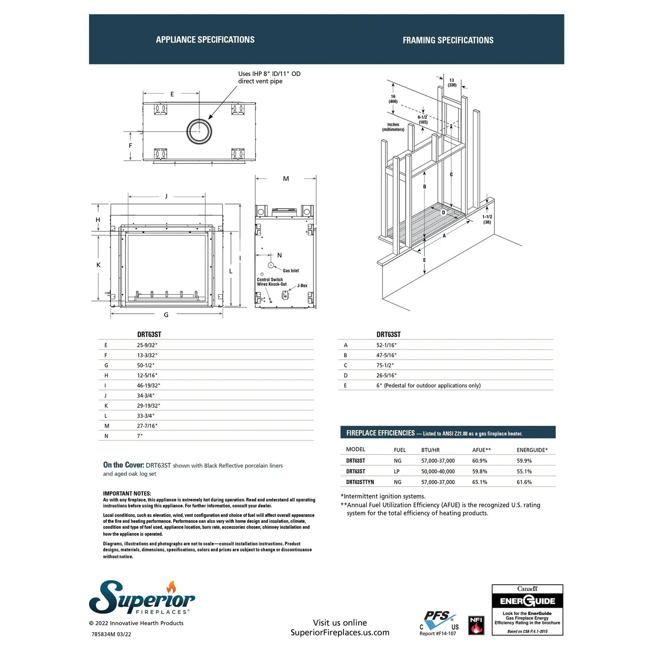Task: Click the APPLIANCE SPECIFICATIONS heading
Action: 205,40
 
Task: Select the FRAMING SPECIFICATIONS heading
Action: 448,40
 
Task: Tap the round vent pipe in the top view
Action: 199,131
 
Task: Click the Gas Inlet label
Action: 291,271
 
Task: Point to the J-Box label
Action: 302,286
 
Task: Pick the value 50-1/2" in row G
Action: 146,365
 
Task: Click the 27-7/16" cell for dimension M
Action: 147,426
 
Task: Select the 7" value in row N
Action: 140,436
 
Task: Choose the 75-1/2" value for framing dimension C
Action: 385,365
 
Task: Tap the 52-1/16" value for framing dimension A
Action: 386,345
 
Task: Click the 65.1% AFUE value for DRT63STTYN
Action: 479,482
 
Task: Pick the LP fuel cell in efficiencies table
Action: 397,471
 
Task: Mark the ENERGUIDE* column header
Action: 532,450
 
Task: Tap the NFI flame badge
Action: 476,625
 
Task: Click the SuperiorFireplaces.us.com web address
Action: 340,633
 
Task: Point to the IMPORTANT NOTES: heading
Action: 127,493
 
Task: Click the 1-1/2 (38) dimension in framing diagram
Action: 487,219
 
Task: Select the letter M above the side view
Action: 286,179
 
